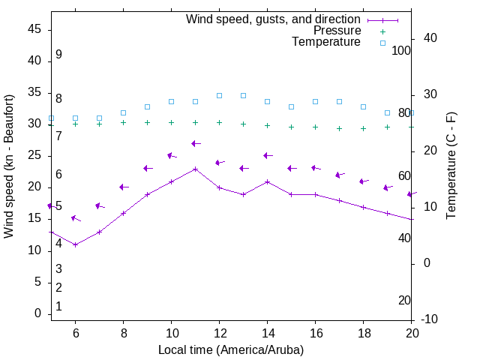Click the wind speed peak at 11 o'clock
click(x=195, y=169)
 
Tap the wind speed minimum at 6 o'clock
click(x=75, y=244)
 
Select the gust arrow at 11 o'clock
click(x=195, y=143)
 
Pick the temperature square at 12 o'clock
click(x=219, y=95)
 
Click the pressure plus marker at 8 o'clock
click(x=123, y=122)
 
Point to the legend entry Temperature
click(x=326, y=42)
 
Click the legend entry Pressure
click(x=337, y=31)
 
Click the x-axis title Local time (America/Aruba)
click(x=231, y=349)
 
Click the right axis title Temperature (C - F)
click(x=451, y=166)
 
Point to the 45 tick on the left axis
click(x=34, y=29)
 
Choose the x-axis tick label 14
click(x=267, y=333)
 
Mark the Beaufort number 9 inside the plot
click(x=58, y=55)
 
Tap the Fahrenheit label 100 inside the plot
click(x=401, y=50)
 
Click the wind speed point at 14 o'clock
click(x=267, y=181)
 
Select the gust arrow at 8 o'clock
click(x=123, y=187)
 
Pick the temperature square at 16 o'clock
click(x=315, y=101)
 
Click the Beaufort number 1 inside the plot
click(x=58, y=307)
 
